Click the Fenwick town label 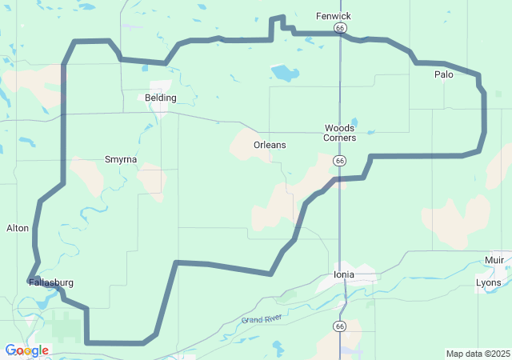pyautogui.click(x=334, y=16)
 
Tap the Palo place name pyautogui.click(x=444, y=74)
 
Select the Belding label pyautogui.click(x=161, y=98)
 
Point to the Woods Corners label pyautogui.click(x=339, y=133)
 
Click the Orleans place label pyautogui.click(x=270, y=145)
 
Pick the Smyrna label pyautogui.click(x=121, y=159)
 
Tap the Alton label pyautogui.click(x=18, y=228)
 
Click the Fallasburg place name pyautogui.click(x=51, y=283)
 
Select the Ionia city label pyautogui.click(x=343, y=274)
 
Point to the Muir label pyautogui.click(x=494, y=260)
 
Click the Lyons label pyautogui.click(x=488, y=282)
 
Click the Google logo pyautogui.click(x=26, y=350)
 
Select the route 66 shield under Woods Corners pyautogui.click(x=341, y=161)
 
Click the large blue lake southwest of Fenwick pyautogui.click(x=284, y=74)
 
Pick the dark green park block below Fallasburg pyautogui.click(x=67, y=326)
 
